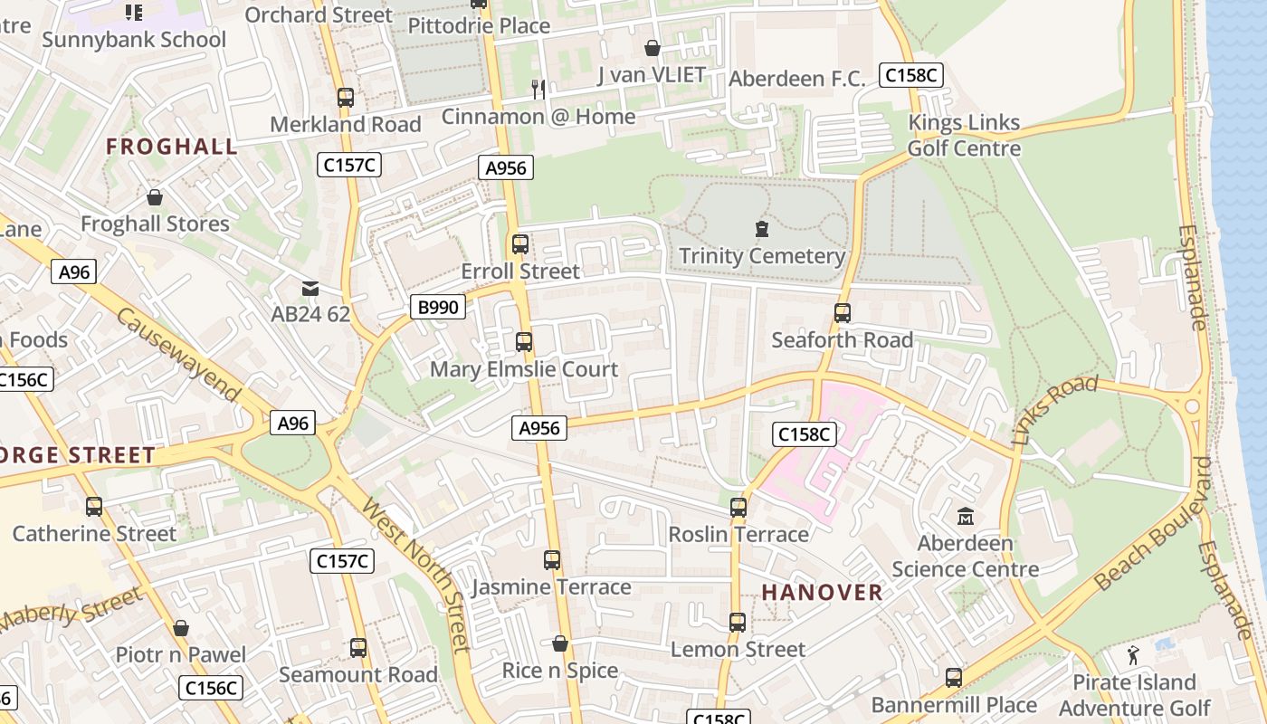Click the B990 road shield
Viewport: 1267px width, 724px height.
click(x=439, y=307)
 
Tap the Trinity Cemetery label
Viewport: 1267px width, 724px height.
click(x=761, y=256)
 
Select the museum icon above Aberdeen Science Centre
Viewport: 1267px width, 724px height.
click(x=966, y=516)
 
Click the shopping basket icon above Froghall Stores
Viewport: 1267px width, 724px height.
click(x=155, y=196)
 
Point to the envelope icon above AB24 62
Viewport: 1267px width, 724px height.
click(x=310, y=288)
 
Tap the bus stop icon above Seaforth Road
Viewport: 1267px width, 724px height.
click(x=843, y=313)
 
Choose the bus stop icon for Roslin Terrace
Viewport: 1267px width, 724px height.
click(x=738, y=507)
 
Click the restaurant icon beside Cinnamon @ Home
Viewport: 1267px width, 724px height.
click(x=538, y=89)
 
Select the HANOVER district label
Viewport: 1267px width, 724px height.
click(x=822, y=592)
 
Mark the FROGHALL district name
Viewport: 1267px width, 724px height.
click(x=172, y=146)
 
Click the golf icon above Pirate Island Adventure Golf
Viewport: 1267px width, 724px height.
click(x=1133, y=654)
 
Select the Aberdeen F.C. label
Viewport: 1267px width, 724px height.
click(x=791, y=79)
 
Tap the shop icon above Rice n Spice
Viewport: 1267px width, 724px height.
click(x=560, y=643)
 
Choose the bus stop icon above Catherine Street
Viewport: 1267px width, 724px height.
click(x=94, y=507)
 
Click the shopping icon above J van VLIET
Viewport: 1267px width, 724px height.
click(x=652, y=47)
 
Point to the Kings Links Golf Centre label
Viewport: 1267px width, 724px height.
click(x=964, y=136)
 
